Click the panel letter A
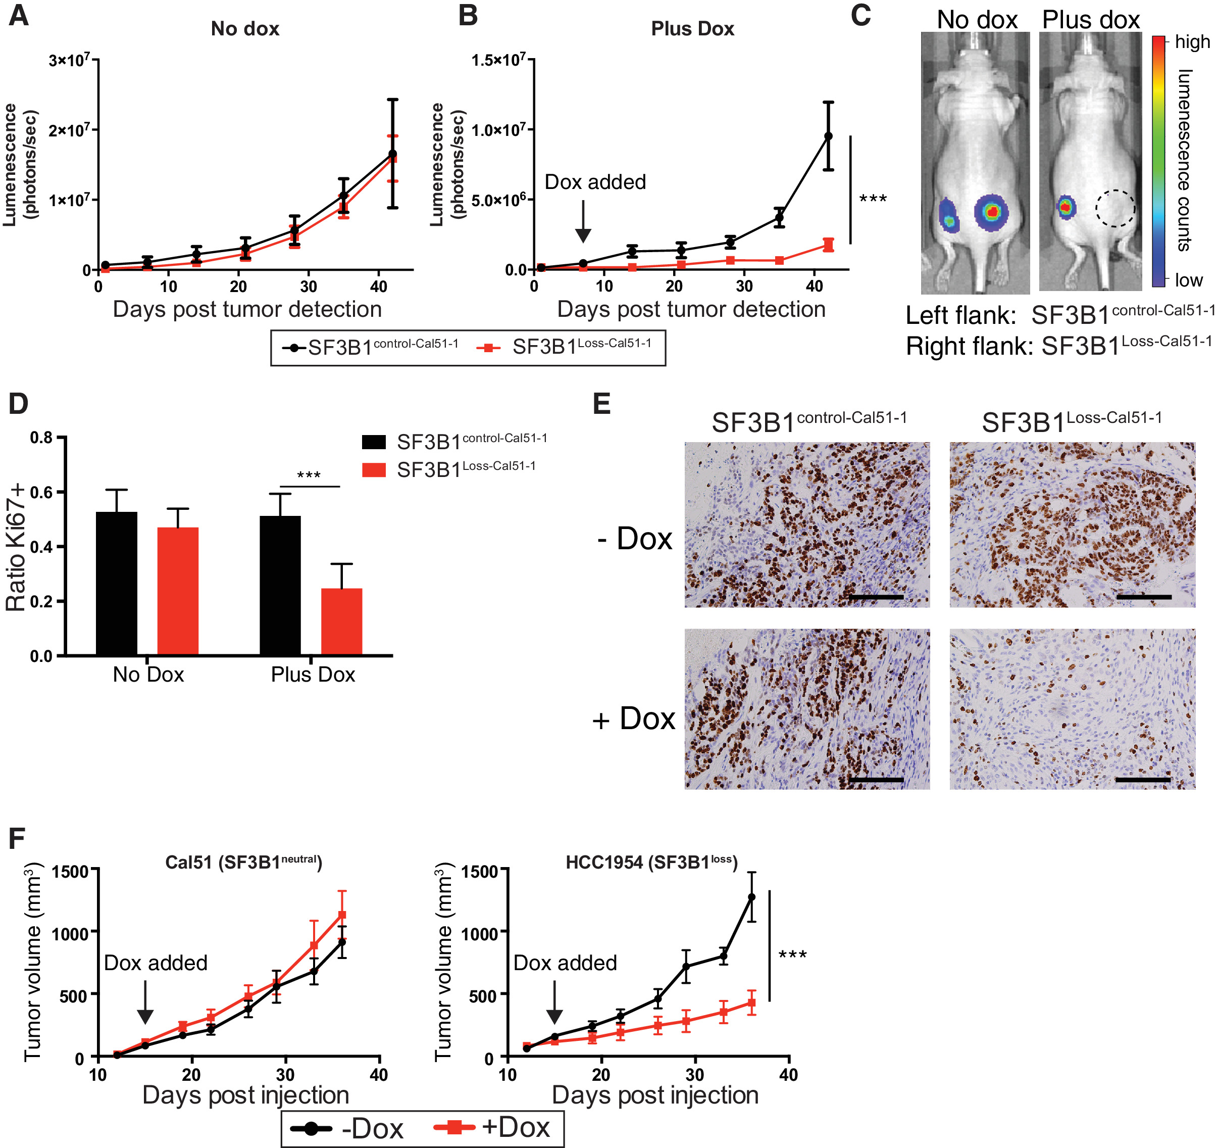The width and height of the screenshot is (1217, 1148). (18, 15)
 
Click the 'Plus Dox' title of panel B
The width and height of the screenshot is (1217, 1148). (692, 29)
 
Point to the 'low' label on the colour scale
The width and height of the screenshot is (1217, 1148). (1188, 280)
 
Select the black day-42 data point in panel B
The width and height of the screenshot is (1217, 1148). (828, 136)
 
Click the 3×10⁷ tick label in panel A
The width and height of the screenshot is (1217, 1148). (69, 60)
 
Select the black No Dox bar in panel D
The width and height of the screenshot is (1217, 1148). (116, 583)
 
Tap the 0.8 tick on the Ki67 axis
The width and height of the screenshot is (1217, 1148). (41, 438)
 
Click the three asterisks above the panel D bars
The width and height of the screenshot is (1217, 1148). (309, 475)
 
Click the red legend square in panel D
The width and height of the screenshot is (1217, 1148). (373, 470)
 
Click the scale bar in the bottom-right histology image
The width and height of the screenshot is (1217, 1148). (1142, 780)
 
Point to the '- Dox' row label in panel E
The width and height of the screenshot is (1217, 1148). (635, 539)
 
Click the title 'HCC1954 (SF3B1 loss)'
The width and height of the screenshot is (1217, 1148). (651, 863)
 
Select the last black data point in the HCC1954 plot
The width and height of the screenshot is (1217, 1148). (752, 897)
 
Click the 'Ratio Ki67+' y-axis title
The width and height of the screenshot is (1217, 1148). (17, 547)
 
